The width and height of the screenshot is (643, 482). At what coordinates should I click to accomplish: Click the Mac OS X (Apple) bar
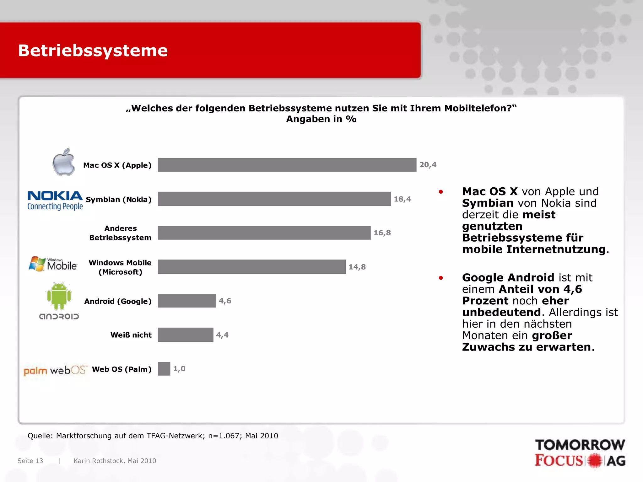(287, 165)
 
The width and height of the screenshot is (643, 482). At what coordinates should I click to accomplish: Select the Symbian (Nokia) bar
(274, 199)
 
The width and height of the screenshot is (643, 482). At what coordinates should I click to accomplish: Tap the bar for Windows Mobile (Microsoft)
(251, 267)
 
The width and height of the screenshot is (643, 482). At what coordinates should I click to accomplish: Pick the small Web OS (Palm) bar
(164, 369)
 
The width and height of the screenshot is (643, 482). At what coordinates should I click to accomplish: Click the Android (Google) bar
(187, 301)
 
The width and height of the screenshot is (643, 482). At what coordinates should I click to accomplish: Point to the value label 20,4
(428, 165)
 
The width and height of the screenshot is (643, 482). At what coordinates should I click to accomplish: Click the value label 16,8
(382, 233)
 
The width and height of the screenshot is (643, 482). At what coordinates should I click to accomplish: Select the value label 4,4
(222, 335)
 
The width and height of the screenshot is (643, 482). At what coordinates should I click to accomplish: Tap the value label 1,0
(179, 369)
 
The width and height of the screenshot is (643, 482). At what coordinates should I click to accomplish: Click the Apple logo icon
(64, 162)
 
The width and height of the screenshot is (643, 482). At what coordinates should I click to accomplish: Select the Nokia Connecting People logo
(55, 200)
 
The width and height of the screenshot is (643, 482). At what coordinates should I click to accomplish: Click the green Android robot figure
(59, 296)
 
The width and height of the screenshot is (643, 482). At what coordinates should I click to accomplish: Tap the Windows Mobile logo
(53, 264)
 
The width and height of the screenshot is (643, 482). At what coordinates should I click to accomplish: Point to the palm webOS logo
(55, 370)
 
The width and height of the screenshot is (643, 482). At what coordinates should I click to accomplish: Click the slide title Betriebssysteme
(93, 51)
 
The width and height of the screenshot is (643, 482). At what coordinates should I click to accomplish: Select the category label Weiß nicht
(131, 335)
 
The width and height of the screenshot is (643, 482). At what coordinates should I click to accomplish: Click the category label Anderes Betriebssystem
(120, 233)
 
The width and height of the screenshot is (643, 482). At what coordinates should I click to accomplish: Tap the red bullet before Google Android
(441, 278)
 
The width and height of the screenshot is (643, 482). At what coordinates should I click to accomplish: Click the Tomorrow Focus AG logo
(580, 453)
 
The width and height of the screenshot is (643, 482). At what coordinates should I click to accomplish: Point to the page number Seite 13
(30, 461)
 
